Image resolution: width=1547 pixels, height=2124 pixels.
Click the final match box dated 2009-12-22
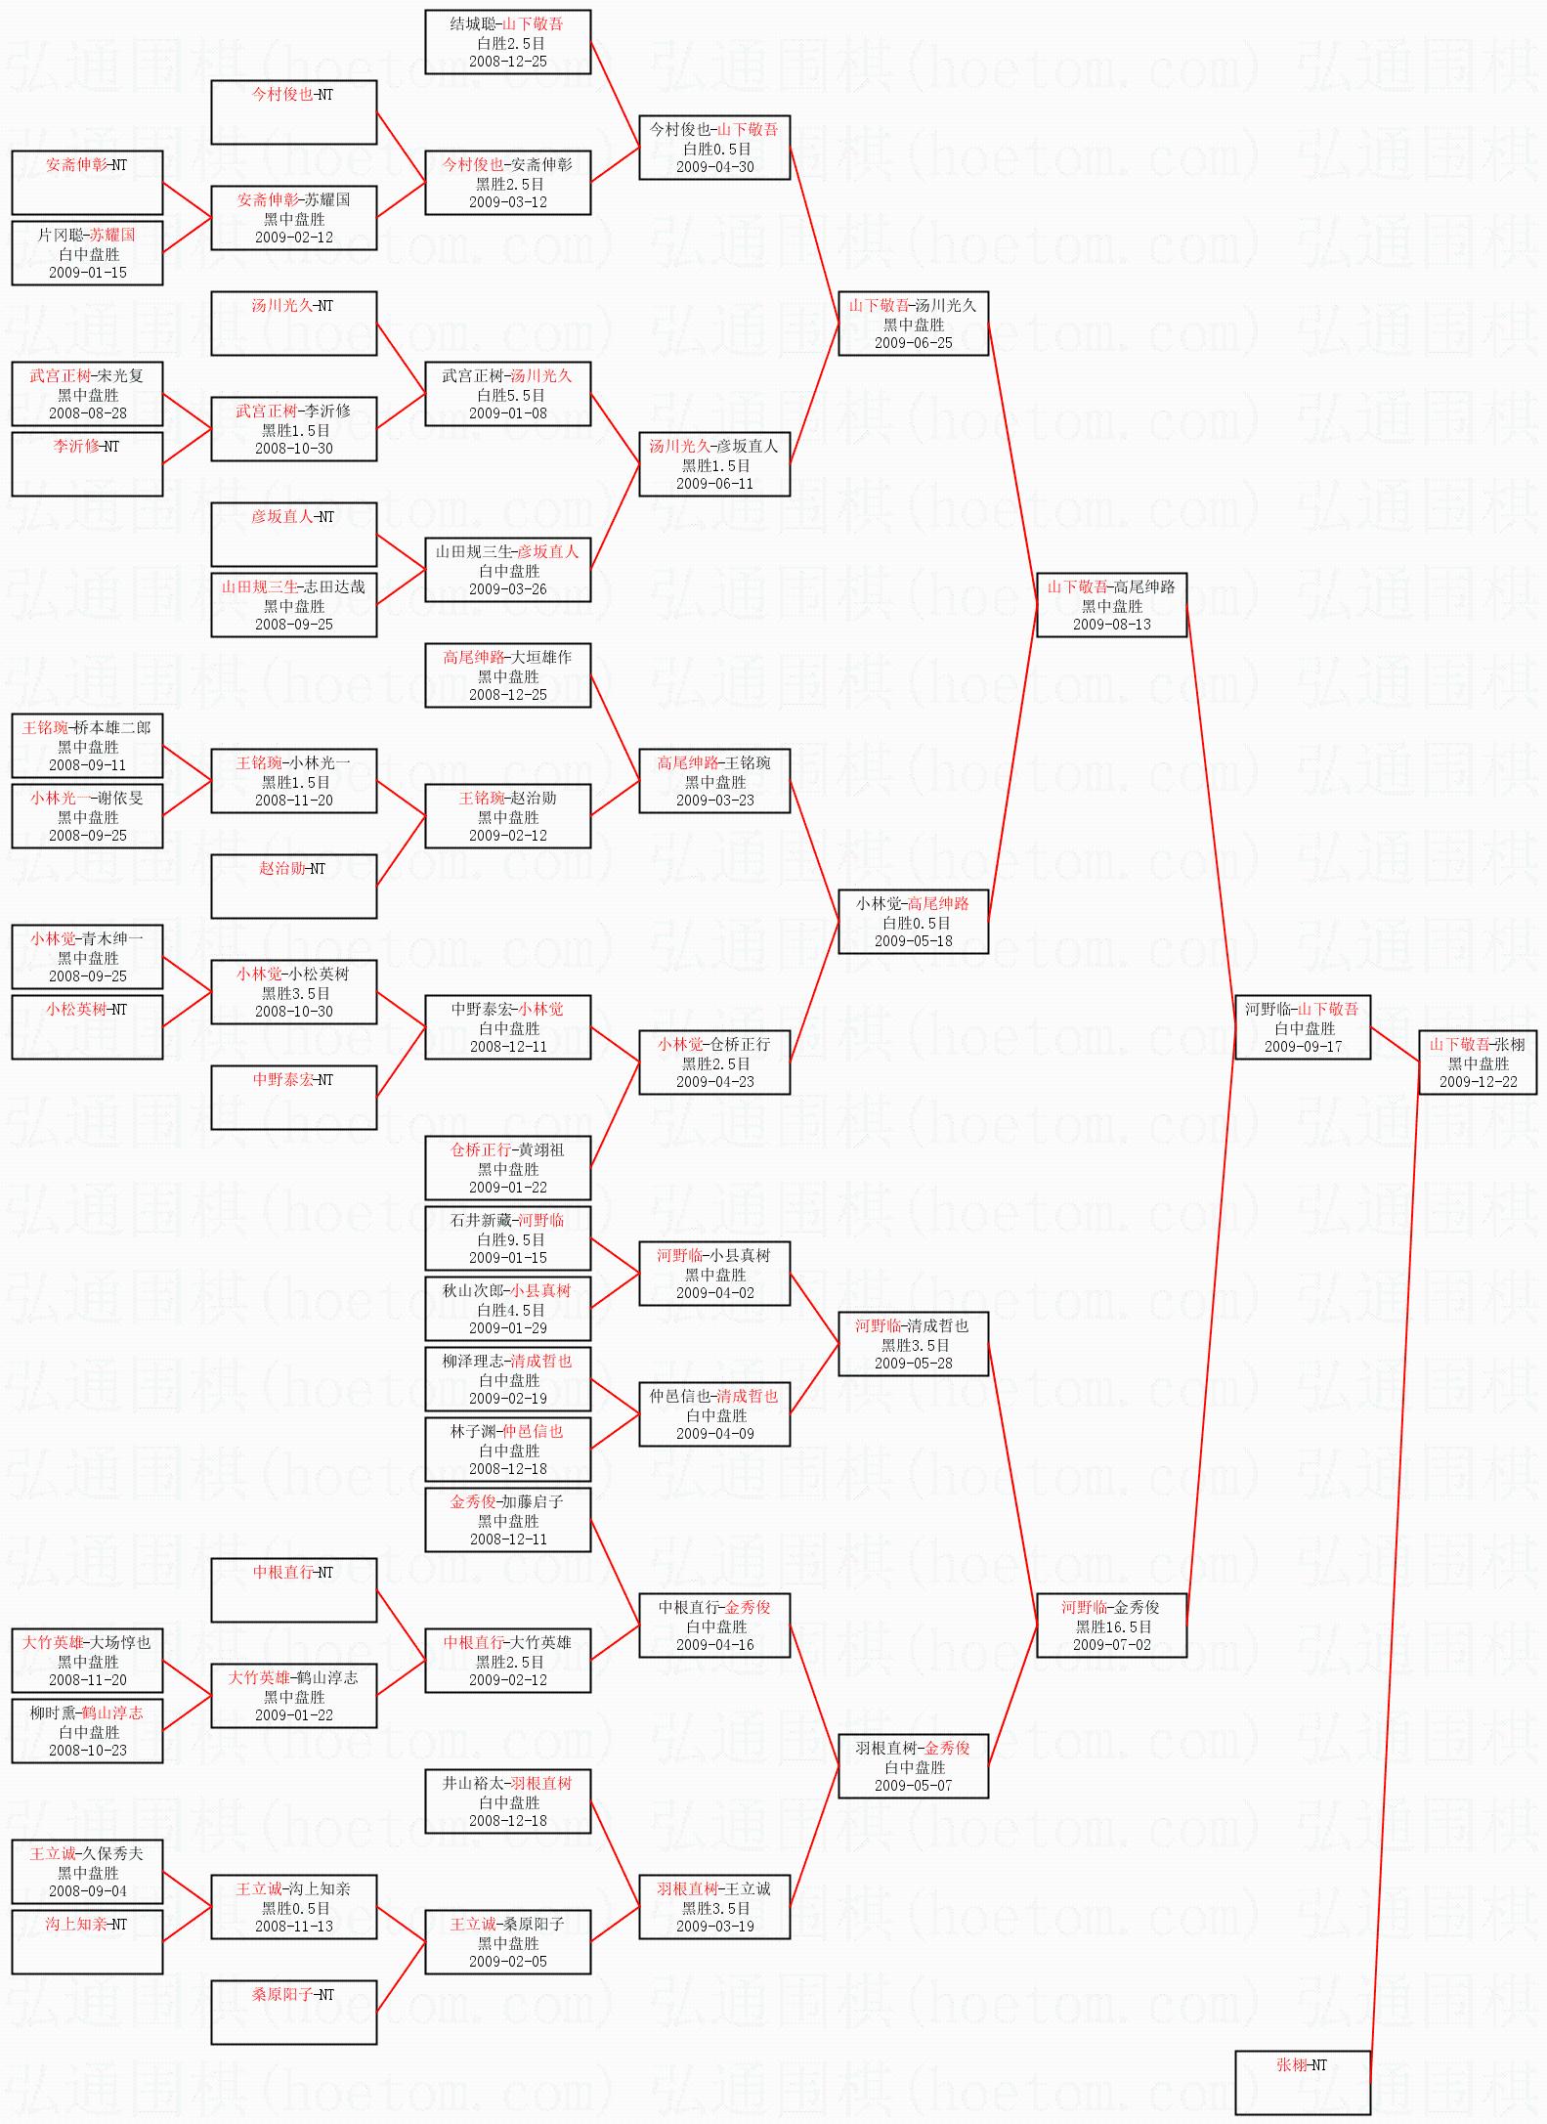pos(1478,1062)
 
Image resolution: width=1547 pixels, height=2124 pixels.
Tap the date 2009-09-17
pos(1304,1046)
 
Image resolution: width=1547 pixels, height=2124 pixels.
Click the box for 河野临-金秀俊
pos(1111,1626)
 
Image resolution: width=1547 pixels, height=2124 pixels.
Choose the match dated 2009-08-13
pos(1111,605)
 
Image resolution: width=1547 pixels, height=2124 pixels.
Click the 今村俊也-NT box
pos(294,112)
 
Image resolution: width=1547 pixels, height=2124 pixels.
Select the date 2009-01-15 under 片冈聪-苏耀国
pos(88,273)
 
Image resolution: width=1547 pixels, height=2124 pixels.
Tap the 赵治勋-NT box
pos(294,887)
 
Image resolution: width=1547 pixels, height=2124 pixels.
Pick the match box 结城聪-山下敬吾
pos(508,42)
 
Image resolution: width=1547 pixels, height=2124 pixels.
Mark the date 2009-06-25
pos(914,343)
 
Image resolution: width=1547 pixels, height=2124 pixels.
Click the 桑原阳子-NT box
pos(294,2013)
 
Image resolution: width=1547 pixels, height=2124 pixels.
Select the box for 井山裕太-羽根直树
pos(508,1801)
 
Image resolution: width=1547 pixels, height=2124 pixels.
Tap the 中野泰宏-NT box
pos(294,1098)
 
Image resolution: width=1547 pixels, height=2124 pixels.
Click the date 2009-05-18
pos(914,941)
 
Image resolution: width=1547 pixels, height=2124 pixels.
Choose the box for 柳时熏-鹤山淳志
pos(87,1731)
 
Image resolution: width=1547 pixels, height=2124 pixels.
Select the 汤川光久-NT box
pos(294,324)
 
